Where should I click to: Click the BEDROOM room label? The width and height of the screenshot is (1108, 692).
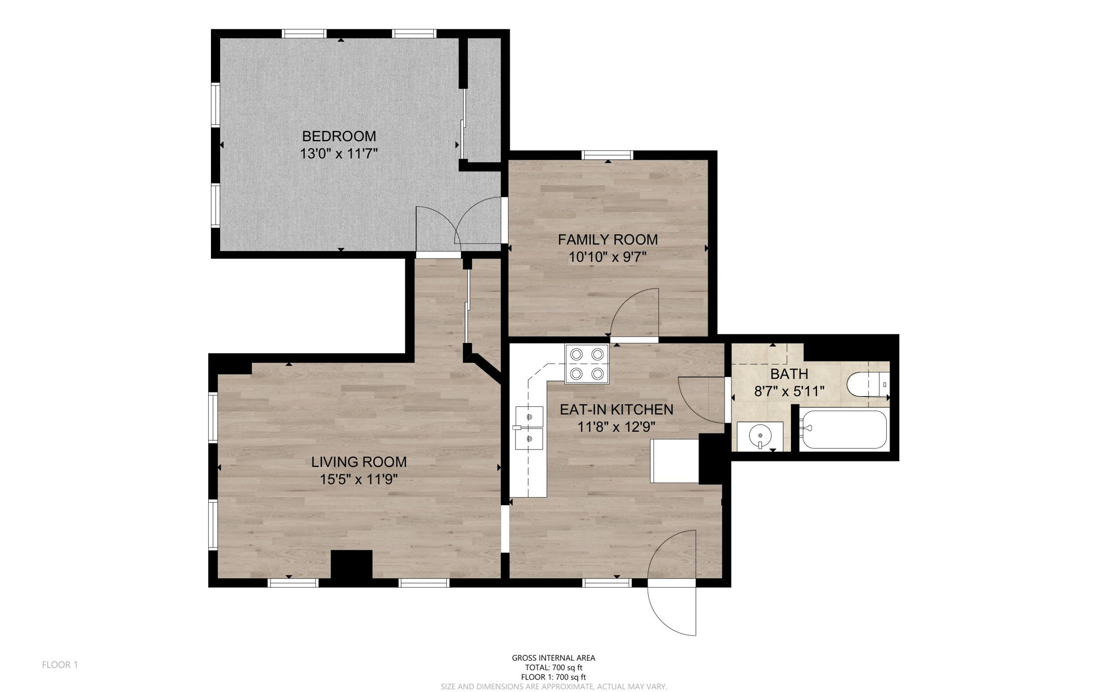click(x=339, y=136)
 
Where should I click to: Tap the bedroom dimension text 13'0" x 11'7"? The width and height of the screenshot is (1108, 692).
click(x=339, y=154)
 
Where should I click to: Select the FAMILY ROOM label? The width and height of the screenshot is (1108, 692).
click(x=608, y=239)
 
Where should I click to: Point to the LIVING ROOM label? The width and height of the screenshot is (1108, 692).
click(x=359, y=462)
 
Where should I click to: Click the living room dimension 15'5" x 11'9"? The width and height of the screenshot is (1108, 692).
click(x=359, y=479)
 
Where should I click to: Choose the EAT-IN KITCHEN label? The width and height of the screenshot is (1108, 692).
click(x=616, y=410)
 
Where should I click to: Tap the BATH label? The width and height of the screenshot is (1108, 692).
click(x=789, y=373)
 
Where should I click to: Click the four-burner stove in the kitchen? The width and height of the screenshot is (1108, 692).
click(x=587, y=364)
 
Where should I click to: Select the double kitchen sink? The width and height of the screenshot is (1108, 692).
click(x=530, y=427)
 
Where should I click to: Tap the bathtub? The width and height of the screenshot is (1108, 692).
click(x=844, y=429)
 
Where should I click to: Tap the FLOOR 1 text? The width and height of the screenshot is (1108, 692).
click(x=60, y=664)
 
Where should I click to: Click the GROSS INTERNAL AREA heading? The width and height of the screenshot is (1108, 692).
click(x=553, y=658)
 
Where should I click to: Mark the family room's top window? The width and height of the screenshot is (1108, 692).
click(x=607, y=155)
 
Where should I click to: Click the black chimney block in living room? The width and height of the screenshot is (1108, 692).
click(x=352, y=564)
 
